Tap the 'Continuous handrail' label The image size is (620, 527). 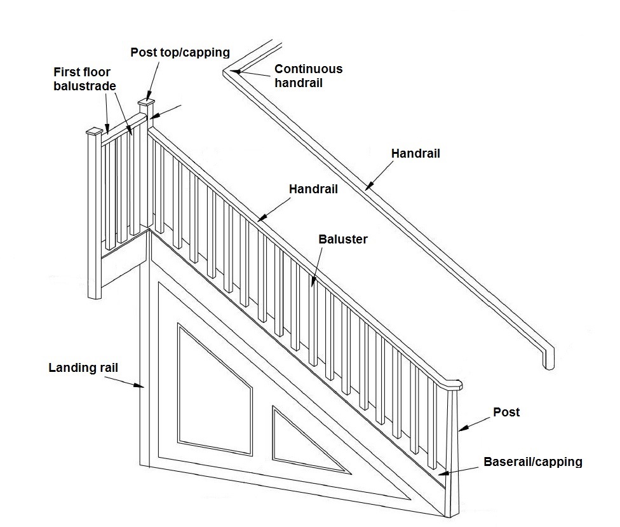[x=308, y=76]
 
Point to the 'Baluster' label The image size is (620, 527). [x=344, y=240]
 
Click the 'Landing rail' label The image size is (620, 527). [x=83, y=367]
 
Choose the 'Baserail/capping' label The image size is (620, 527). [x=532, y=462]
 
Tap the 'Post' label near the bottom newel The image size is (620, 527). [x=506, y=412]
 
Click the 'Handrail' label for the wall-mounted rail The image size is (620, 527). [x=415, y=153]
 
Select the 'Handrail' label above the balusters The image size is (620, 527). [x=313, y=189]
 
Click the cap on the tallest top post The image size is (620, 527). [x=147, y=102]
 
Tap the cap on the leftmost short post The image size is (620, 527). [x=94, y=132]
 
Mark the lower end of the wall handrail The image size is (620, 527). [x=548, y=359]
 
